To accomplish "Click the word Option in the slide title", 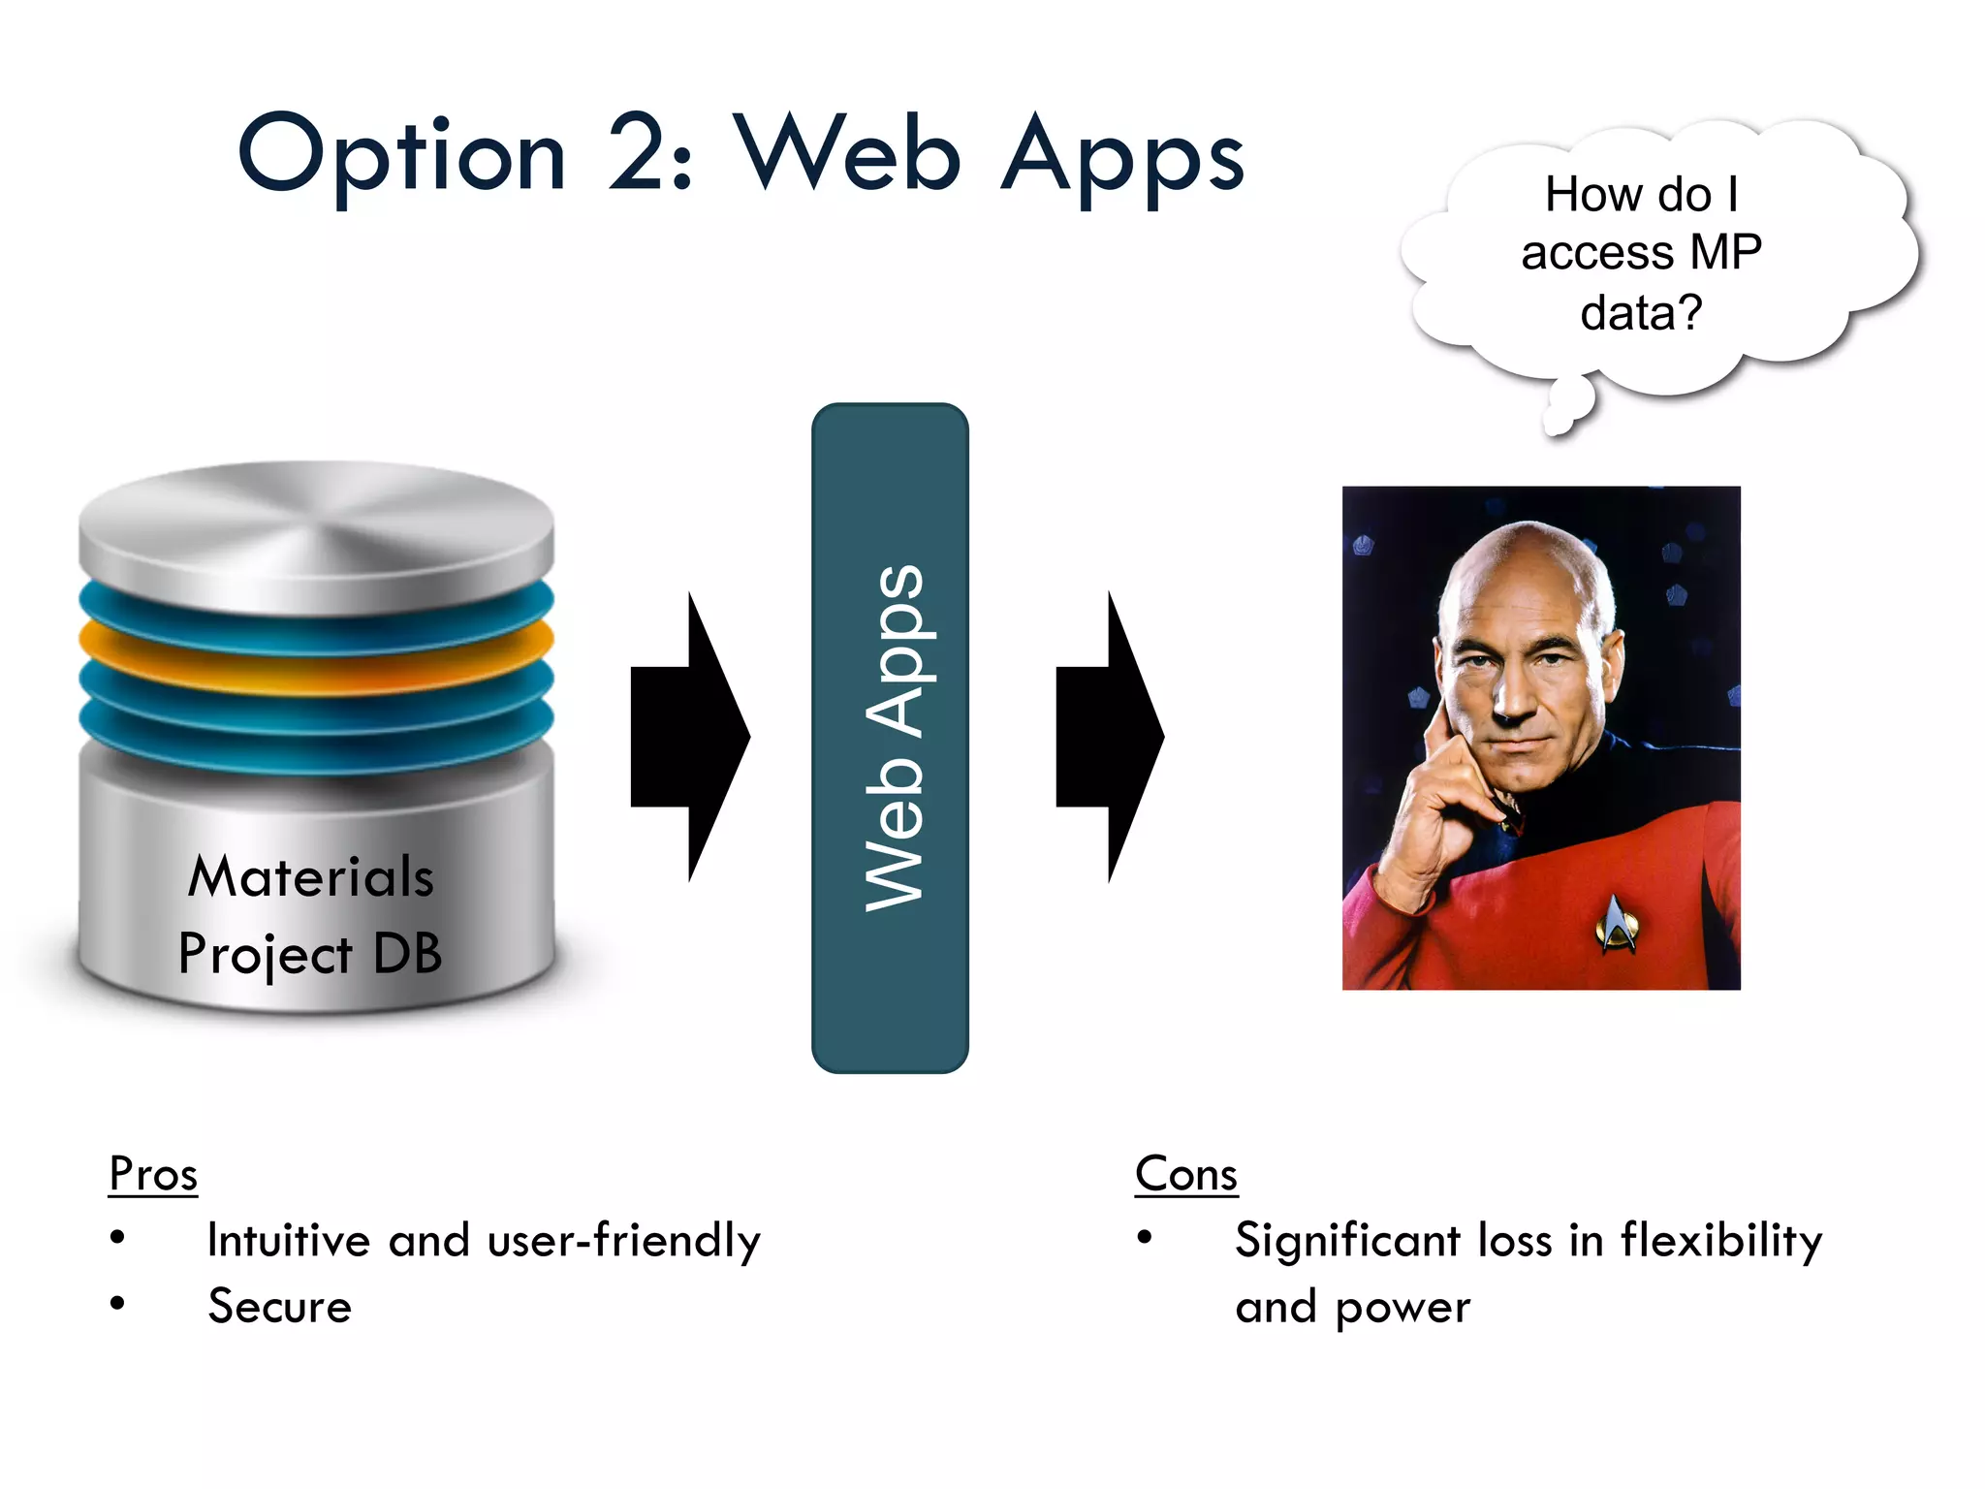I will pos(401,155).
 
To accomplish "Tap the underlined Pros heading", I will pos(153,1174).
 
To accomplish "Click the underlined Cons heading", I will pos(1186,1174).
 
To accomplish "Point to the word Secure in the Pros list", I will pos(280,1306).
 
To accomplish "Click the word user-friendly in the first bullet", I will pos(624,1241).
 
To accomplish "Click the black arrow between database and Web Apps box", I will pos(690,737).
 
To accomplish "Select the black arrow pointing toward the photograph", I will pos(1111,737).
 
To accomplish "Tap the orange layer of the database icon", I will pos(316,659).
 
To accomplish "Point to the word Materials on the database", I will pos(310,877).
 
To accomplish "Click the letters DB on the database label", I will pos(407,954).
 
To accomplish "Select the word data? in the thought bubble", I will pos(1641,313).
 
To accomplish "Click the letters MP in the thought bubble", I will pos(1725,253).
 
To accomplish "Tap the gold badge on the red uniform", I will pos(1615,923).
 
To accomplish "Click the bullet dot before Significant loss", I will pos(1145,1238).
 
